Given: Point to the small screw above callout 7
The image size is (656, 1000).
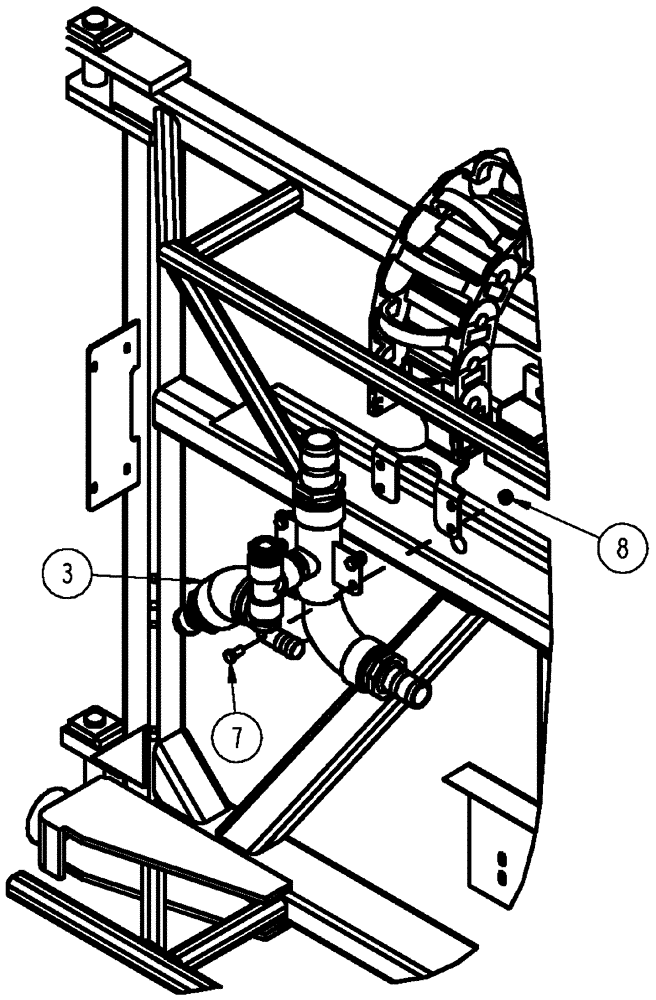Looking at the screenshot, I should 232,654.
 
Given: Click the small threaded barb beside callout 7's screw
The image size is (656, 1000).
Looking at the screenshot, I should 287,643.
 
